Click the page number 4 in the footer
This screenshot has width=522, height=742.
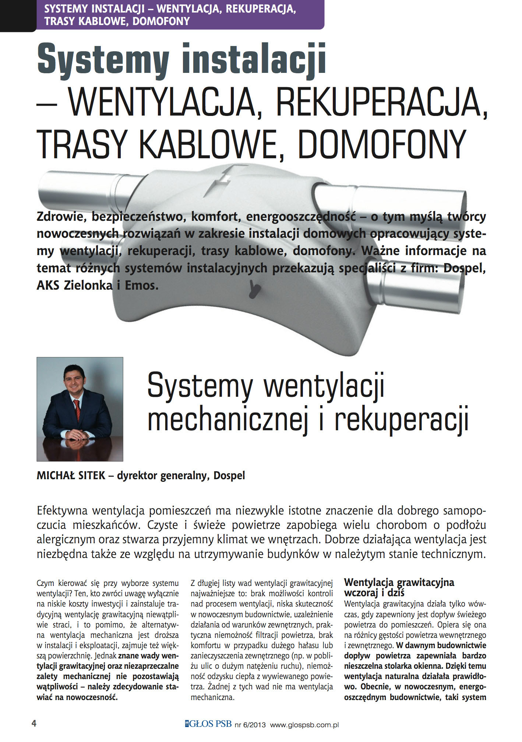[x=34, y=724]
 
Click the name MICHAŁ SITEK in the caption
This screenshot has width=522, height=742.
[x=71, y=476]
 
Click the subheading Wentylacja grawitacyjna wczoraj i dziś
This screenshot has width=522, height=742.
[x=399, y=587]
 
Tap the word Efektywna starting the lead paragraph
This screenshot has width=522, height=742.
[x=62, y=511]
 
